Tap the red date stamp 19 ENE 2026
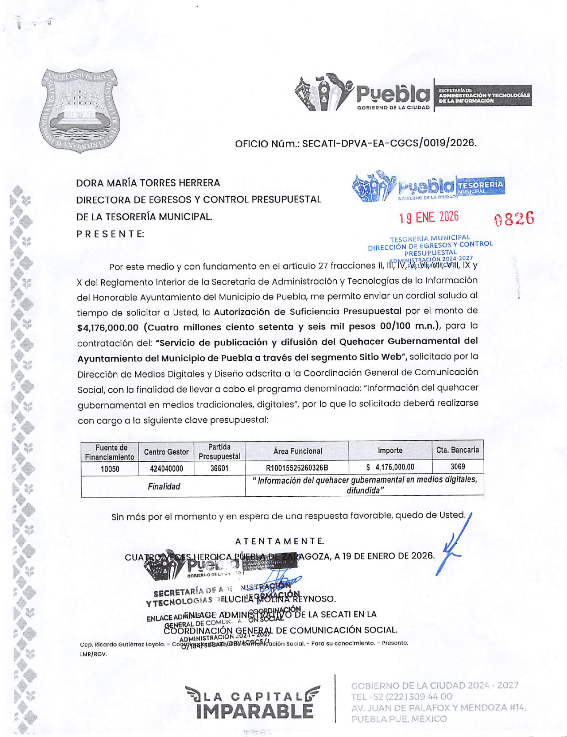[429, 217]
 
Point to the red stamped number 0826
[514, 219]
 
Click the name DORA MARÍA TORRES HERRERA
[148, 183]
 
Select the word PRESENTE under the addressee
[110, 234]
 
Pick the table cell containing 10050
[110, 469]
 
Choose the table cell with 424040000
[166, 469]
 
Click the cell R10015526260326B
[297, 468]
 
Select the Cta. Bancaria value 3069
[457, 467]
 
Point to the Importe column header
[390, 451]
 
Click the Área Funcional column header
[297, 451]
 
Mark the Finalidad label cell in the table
[164, 486]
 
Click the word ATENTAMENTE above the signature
[279, 542]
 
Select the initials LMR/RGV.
[93, 654]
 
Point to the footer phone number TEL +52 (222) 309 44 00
[401, 697]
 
